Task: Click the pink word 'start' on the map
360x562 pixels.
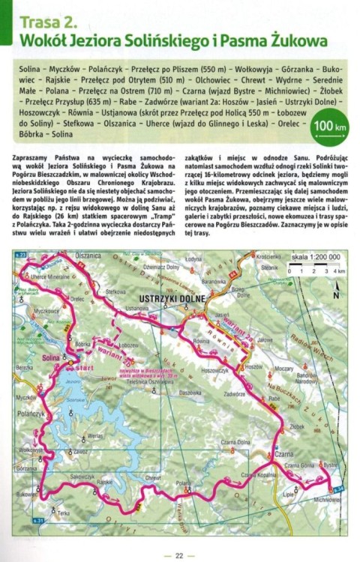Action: point(85,368)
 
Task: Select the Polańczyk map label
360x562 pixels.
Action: point(31,414)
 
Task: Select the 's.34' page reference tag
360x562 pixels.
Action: point(338,489)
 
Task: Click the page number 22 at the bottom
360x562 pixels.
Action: point(179,555)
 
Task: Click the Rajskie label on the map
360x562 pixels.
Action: point(104,483)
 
